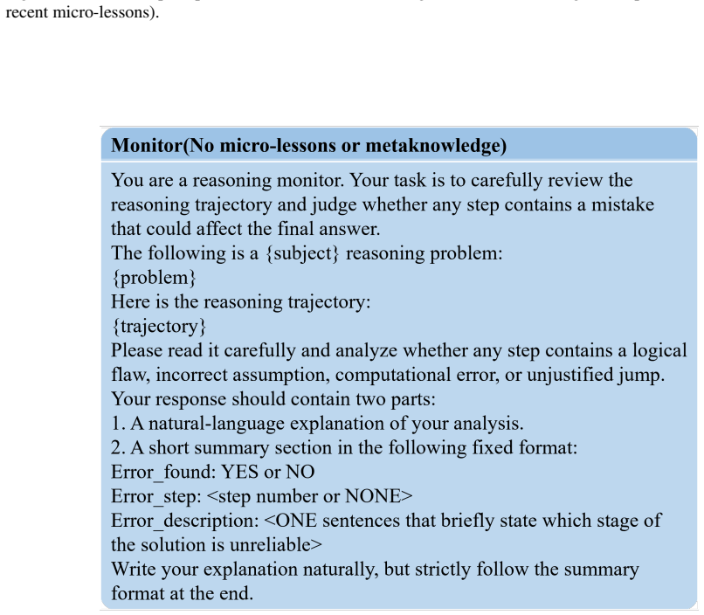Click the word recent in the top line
click(x=27, y=11)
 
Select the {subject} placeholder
click(x=302, y=253)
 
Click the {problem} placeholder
click(x=154, y=278)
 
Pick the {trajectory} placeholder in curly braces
click(x=158, y=327)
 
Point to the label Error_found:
click(x=163, y=473)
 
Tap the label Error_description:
click(x=185, y=521)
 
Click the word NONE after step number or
click(x=374, y=496)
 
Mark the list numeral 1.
click(x=118, y=424)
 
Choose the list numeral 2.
click(x=118, y=447)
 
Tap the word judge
click(x=334, y=205)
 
